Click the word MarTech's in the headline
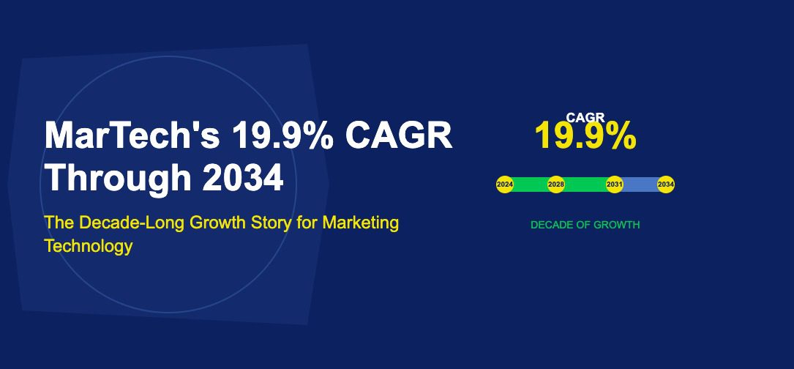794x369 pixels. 132,136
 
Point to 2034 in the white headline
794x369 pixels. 243,178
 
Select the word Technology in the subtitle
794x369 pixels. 88,246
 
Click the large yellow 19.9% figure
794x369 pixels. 585,136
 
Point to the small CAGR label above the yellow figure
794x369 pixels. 585,116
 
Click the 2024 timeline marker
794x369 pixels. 505,184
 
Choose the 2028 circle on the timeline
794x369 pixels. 556,184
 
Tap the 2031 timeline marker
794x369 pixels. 615,184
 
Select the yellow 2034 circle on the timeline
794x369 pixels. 665,184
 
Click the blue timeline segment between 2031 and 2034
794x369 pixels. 640,184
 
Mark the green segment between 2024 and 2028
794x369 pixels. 531,184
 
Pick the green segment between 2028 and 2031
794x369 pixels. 585,184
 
